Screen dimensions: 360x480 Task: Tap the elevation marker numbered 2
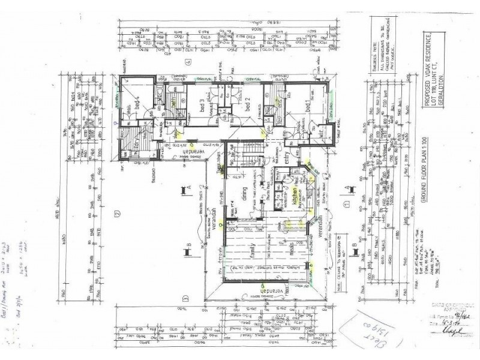118,212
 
